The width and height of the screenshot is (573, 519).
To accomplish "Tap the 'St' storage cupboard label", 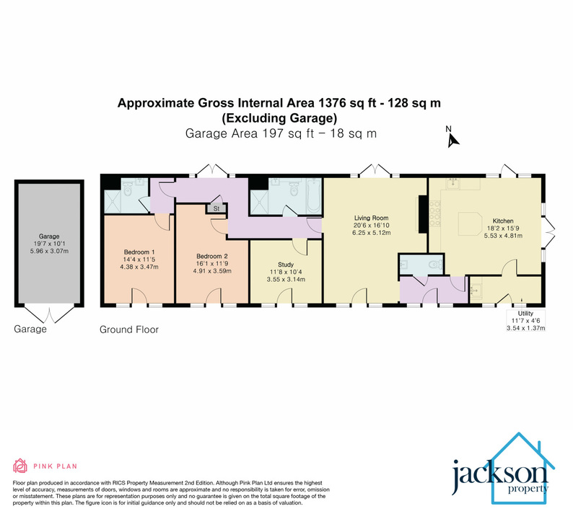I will [x=216, y=209].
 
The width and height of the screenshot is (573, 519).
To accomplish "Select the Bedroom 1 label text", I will [x=139, y=252].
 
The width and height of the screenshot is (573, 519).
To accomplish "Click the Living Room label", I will [x=371, y=217].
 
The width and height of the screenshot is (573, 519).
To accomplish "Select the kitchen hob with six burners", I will [x=437, y=214].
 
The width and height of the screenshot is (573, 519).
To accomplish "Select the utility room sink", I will [x=476, y=290].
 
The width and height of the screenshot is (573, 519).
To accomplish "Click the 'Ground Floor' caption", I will [x=128, y=329].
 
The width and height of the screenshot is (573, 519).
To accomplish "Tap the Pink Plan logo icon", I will [x=19, y=465].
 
